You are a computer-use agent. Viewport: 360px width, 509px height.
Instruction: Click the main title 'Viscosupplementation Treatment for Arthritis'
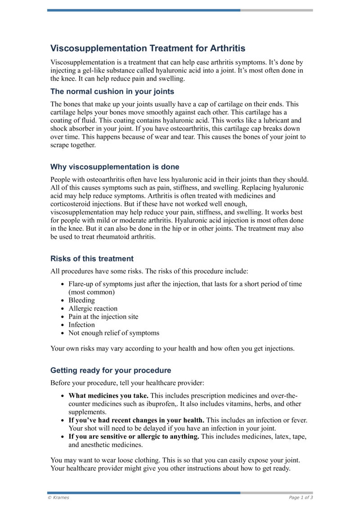[x=148, y=48]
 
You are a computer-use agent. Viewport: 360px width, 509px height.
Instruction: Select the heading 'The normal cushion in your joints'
[x=112, y=92]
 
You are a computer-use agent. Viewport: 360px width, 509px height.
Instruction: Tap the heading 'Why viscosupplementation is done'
[x=115, y=167]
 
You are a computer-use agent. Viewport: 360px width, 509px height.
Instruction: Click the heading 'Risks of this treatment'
[x=92, y=259]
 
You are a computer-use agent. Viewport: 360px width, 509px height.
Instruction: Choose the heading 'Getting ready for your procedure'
[x=111, y=370]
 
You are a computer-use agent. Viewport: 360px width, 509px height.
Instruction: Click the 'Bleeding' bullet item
[x=81, y=300]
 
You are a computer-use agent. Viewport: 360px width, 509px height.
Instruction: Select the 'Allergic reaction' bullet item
[x=93, y=308]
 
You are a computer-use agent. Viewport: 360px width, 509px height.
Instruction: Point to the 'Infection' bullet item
[x=81, y=324]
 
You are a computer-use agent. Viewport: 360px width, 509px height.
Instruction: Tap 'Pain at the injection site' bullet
[x=103, y=316]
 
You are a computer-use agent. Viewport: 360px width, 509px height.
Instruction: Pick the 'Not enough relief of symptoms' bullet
[x=113, y=333]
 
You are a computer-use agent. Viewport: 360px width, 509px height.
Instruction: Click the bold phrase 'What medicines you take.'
[x=108, y=396]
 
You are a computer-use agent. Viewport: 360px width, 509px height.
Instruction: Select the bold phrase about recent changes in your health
[x=136, y=420]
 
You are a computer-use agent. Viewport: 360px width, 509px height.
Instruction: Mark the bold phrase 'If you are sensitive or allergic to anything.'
[x=134, y=437]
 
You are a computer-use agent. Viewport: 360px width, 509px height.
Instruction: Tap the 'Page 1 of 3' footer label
[x=301, y=497]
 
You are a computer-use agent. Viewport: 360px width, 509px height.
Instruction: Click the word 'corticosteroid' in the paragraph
[x=72, y=204]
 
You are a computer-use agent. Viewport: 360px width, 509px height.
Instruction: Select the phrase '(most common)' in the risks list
[x=91, y=292]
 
